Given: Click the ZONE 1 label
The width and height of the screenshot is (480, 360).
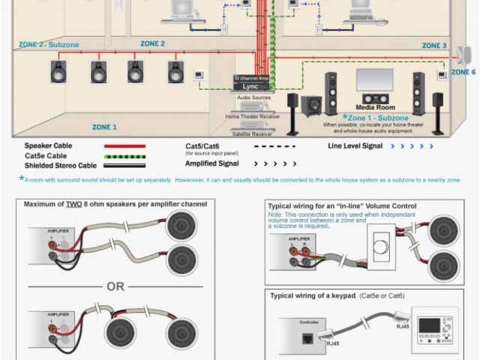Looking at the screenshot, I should pyautogui.click(x=104, y=127).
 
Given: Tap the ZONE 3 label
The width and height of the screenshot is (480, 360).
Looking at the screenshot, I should pyautogui.click(x=434, y=46).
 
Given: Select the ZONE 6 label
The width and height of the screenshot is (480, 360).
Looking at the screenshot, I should pyautogui.click(x=463, y=72).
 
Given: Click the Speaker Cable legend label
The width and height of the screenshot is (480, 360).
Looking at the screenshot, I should pyautogui.click(x=47, y=146).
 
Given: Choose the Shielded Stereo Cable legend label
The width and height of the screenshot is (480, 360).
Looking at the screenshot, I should pyautogui.click(x=61, y=166).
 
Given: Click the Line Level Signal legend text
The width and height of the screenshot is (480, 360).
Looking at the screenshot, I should pyautogui.click(x=359, y=146).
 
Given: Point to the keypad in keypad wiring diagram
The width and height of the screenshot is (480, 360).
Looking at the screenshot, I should pyautogui.click(x=436, y=331).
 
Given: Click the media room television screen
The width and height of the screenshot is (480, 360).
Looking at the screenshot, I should pyautogui.click(x=374, y=79).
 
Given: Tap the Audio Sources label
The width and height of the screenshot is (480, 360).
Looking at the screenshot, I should pyautogui.click(x=254, y=97).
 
